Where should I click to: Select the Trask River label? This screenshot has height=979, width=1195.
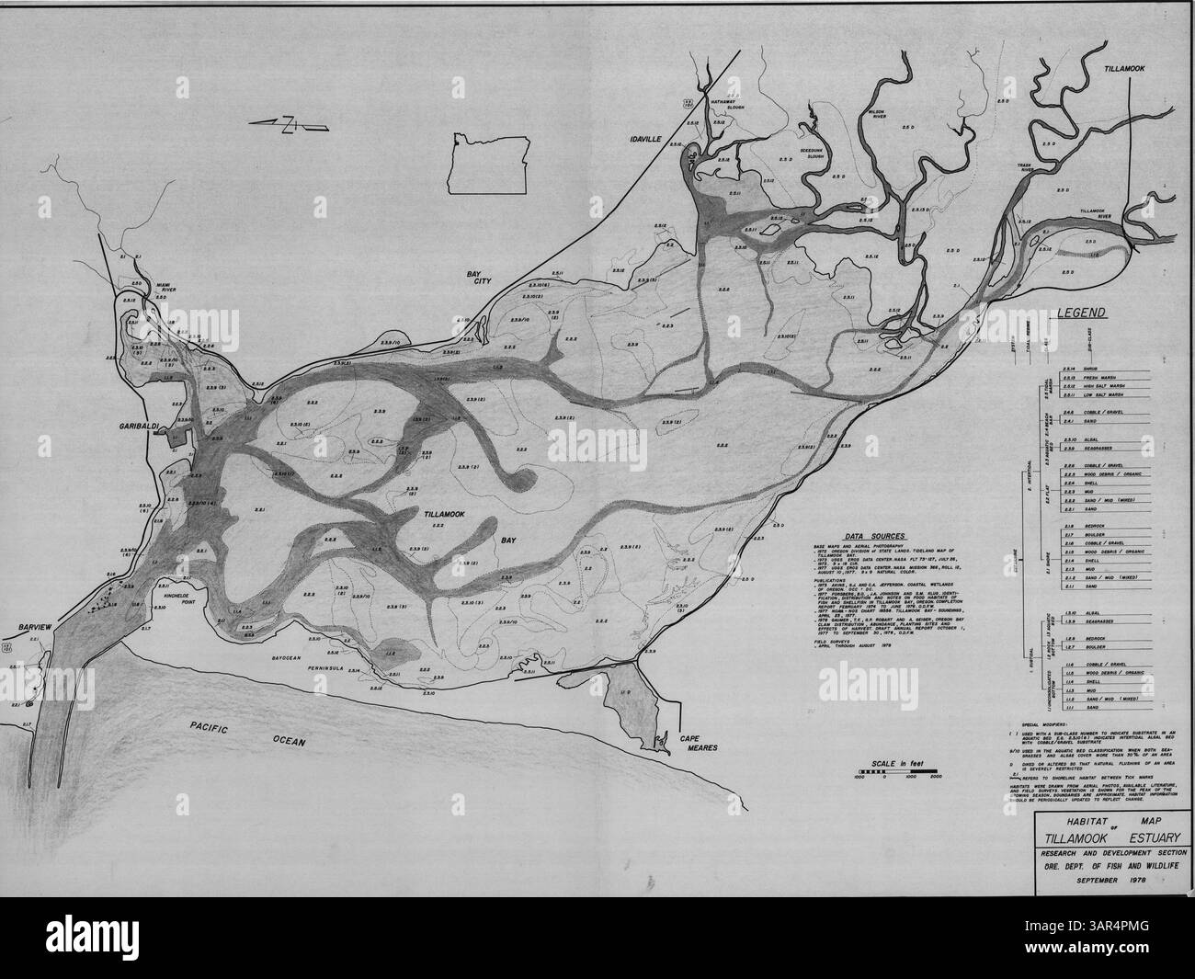(1027, 170)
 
